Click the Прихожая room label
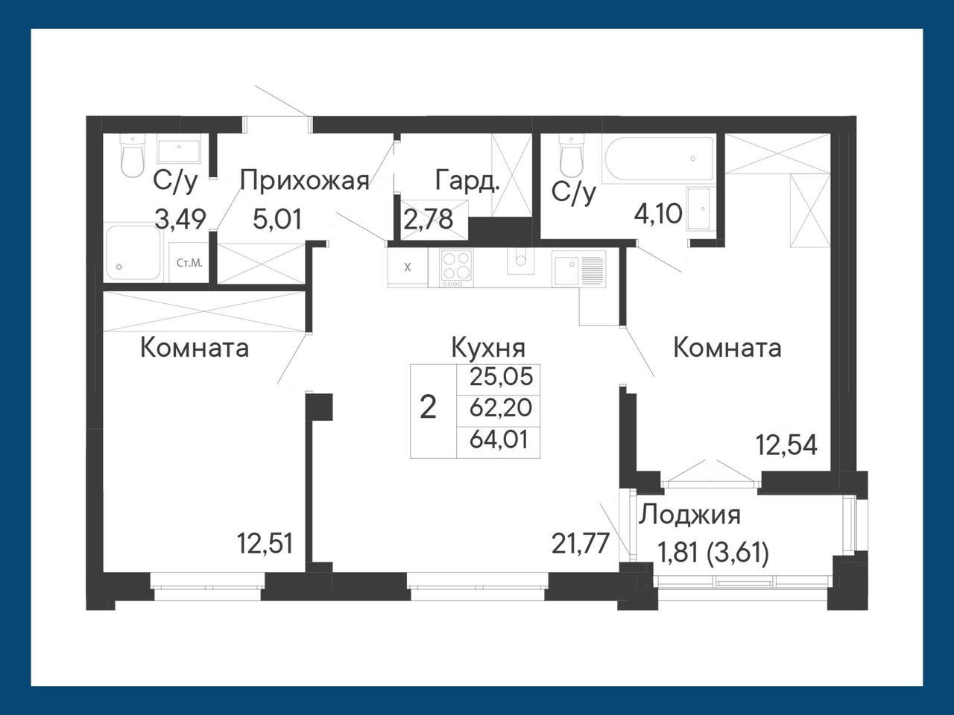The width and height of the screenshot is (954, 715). pos(304,181)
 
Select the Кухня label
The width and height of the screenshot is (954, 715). pos(488,348)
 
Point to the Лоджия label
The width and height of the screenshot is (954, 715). pos(689,515)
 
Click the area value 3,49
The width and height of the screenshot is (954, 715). pos(180,219)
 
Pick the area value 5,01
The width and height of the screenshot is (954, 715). pos(277,219)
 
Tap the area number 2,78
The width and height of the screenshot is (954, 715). pos(429,219)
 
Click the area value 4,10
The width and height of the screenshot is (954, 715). pos(658,214)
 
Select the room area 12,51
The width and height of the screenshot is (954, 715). pos(265,544)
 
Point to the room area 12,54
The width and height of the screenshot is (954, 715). pos(787,445)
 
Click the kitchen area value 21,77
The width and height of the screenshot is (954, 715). pos(580,544)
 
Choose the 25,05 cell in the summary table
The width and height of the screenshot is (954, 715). pos(501,376)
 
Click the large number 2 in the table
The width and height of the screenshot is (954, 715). pos(428,408)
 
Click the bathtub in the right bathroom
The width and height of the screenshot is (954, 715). pos(657,159)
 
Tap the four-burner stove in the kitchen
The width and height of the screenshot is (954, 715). pos(456,268)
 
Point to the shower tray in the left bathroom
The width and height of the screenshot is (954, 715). pos(132,252)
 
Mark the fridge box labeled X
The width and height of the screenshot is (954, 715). pos(408,267)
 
